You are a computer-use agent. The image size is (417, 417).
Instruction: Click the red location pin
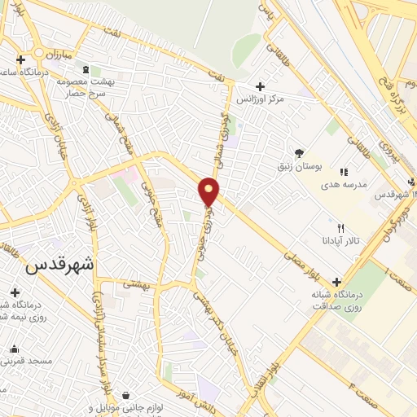pyautogui.click(x=209, y=191)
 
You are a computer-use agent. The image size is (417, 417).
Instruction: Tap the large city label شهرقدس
pyautogui.click(x=60, y=265)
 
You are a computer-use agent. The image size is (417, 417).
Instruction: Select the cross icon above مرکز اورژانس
pyautogui.click(x=260, y=86)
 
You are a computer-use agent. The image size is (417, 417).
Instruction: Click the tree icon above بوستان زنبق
pyautogui.click(x=300, y=152)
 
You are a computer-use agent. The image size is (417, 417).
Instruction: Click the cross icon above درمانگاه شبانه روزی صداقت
pyautogui.click(x=337, y=282)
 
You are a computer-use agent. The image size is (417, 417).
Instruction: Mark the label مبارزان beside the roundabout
pyautogui.click(x=58, y=54)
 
